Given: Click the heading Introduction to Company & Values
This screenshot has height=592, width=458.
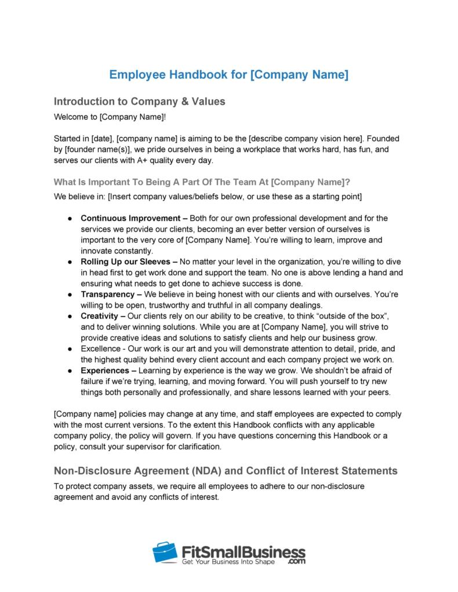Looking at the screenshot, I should click(x=139, y=101).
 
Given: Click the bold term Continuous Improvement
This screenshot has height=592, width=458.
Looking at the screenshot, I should click(x=130, y=218).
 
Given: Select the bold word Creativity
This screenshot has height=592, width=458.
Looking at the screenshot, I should click(x=101, y=316).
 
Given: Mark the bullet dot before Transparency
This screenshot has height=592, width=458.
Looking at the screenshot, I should click(x=69, y=295).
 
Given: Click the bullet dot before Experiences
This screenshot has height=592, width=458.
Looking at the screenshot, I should click(x=69, y=371).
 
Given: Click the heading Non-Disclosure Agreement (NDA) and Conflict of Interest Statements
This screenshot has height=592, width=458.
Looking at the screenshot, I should click(x=227, y=469).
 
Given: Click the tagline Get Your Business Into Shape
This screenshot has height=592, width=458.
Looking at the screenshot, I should click(x=237, y=562).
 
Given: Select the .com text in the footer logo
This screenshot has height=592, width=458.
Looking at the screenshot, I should click(x=295, y=561).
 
